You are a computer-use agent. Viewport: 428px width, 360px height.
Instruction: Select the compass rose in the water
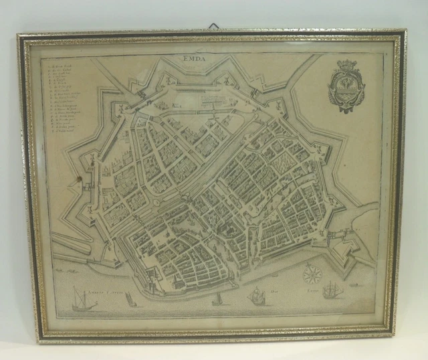[x=312, y=274]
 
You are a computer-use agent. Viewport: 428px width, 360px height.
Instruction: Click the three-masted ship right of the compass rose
[x=332, y=289]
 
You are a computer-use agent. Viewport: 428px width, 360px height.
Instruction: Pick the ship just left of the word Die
[x=256, y=296]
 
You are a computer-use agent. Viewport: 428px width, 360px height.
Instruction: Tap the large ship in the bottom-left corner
[x=84, y=299]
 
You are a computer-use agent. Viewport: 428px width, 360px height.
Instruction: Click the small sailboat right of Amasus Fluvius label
[x=131, y=300]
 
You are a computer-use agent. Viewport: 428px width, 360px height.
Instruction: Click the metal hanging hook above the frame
[x=214, y=26]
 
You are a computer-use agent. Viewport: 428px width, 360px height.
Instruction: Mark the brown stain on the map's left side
[x=84, y=181]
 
